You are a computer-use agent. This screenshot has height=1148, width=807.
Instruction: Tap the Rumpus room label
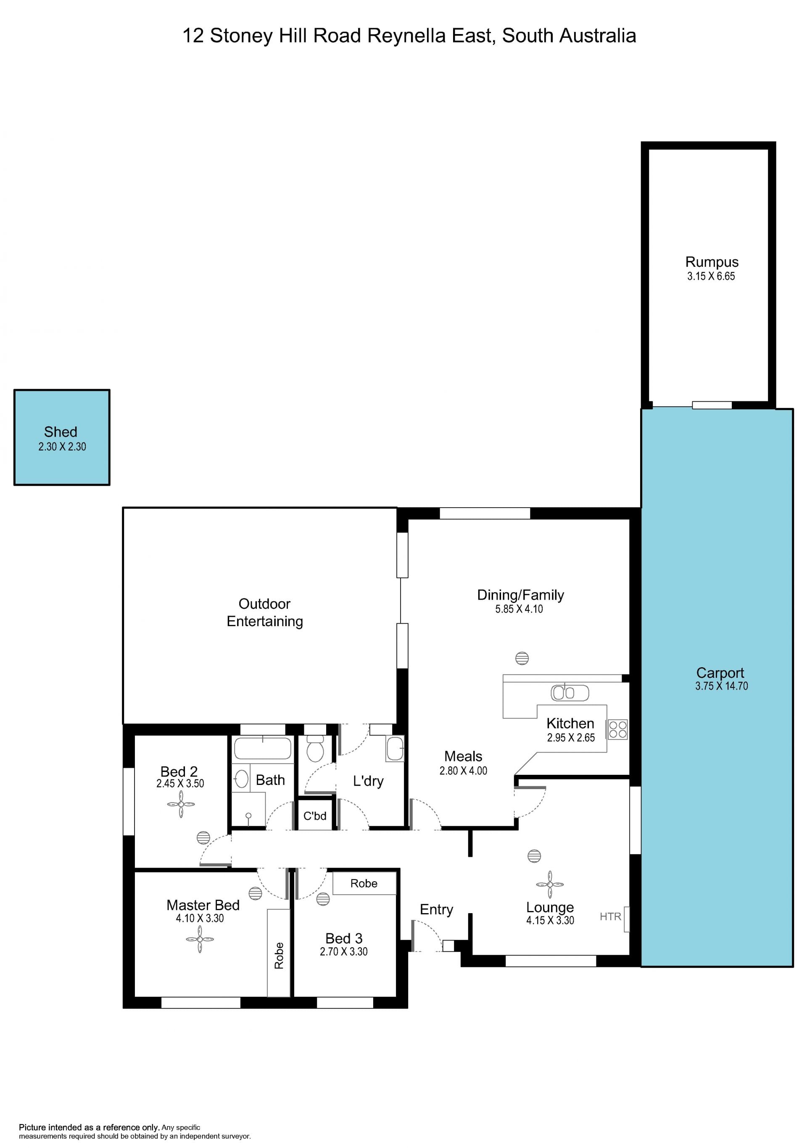(x=712, y=262)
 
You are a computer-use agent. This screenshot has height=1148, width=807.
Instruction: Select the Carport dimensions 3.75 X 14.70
(x=722, y=686)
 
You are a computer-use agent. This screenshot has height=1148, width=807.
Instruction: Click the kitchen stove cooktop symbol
(x=617, y=729)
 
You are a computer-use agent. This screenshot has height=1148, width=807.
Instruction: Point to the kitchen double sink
(x=570, y=692)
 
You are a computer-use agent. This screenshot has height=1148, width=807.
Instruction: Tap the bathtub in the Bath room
(x=263, y=749)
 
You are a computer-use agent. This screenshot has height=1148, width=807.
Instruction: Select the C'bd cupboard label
(x=315, y=816)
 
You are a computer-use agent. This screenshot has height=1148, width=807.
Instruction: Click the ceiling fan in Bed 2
(x=181, y=804)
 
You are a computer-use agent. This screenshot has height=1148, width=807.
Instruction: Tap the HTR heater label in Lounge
(x=610, y=916)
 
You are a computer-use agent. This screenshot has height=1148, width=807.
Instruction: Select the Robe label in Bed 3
(x=364, y=884)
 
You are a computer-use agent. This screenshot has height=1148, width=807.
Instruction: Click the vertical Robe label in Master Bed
(x=279, y=956)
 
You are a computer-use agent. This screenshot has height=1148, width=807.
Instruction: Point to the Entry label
(x=437, y=909)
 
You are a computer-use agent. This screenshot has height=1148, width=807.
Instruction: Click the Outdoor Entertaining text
(x=264, y=613)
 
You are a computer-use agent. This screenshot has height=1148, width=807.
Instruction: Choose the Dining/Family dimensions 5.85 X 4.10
(x=519, y=609)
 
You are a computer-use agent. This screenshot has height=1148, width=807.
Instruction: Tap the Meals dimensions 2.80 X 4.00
(x=464, y=771)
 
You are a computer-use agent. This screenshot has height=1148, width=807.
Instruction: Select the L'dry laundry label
(x=369, y=781)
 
